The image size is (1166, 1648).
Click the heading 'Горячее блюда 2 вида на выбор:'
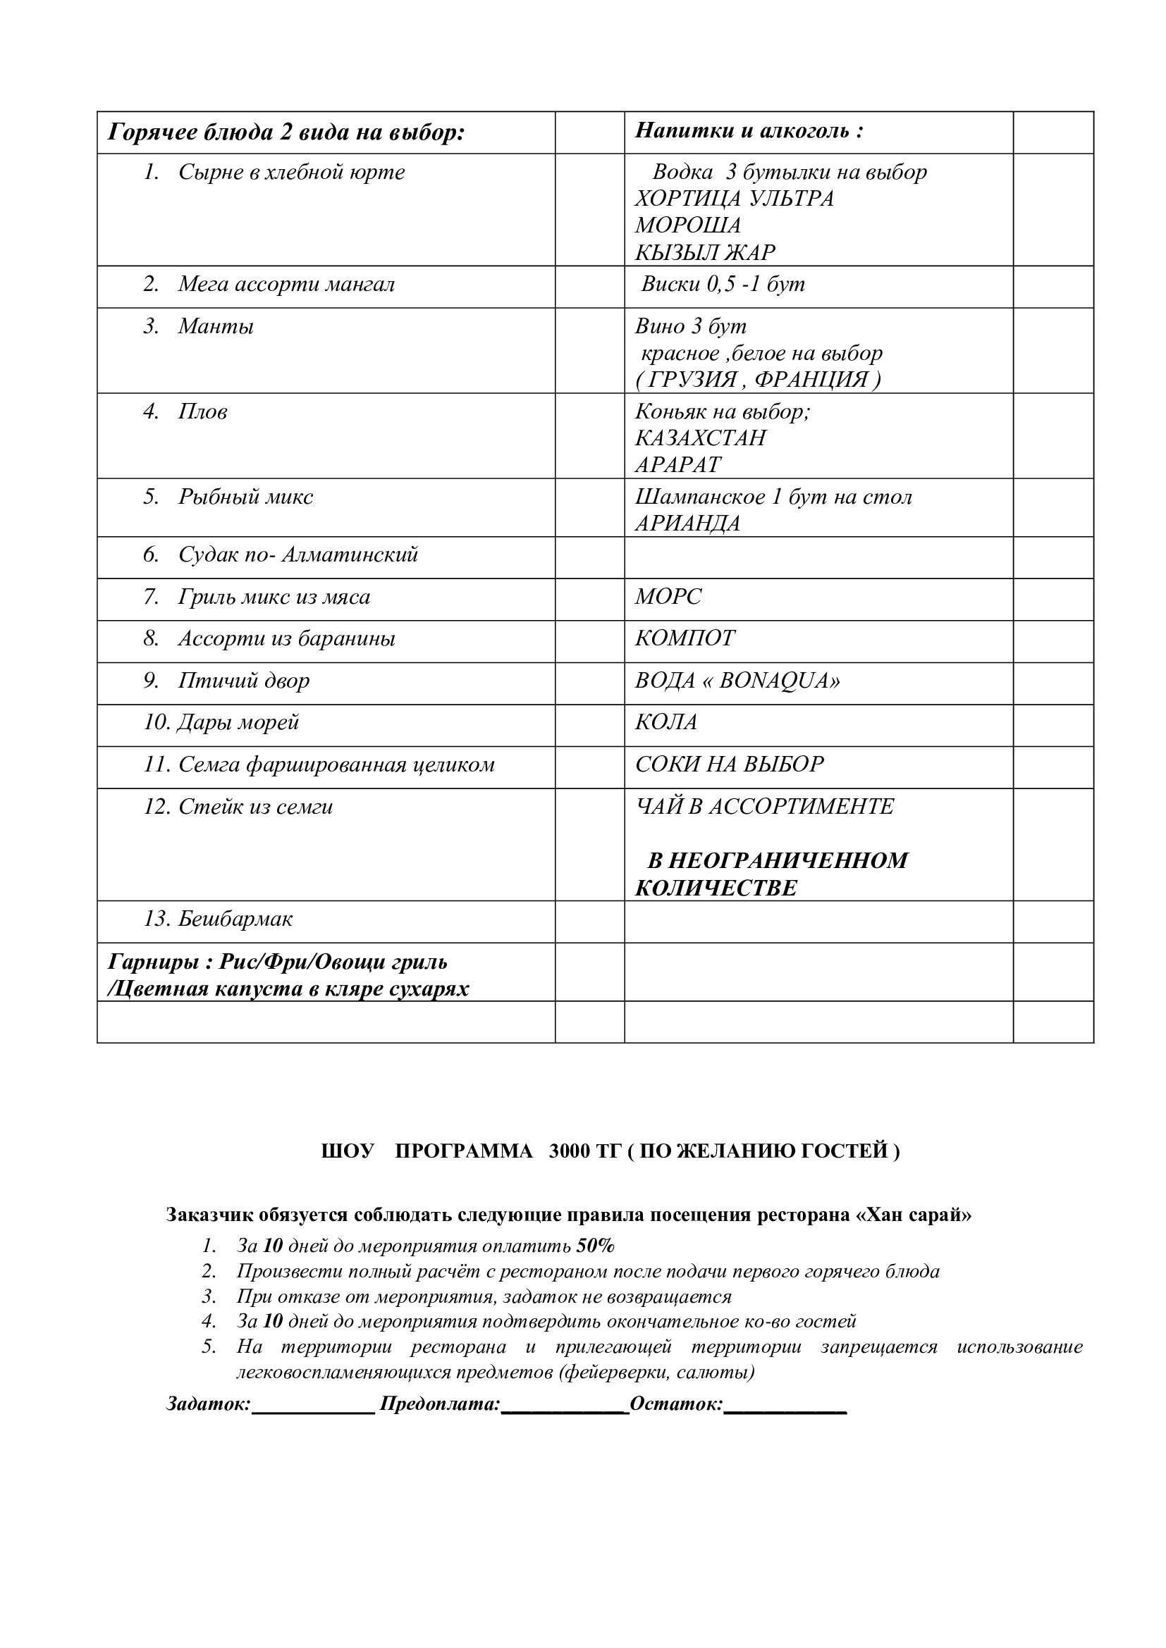point(286,132)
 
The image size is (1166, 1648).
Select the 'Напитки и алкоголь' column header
point(748,130)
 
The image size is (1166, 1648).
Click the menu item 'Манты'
point(216,327)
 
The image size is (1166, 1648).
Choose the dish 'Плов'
point(202,412)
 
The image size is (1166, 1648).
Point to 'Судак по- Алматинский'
point(297,555)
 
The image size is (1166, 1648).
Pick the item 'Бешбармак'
point(235,919)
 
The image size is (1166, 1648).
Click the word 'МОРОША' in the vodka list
point(687,225)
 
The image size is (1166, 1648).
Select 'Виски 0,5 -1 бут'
point(723,284)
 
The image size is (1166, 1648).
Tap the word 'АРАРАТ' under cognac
point(677,465)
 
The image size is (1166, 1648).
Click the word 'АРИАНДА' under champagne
point(687,523)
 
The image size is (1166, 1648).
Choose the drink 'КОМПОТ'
point(685,638)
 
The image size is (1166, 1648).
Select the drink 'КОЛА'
point(665,722)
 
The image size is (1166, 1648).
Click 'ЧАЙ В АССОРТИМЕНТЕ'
point(764,806)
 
